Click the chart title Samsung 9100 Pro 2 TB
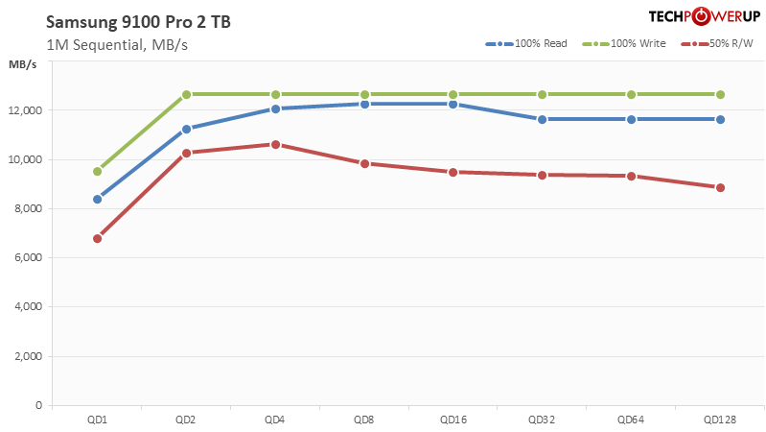click(125, 22)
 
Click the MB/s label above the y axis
click(23, 64)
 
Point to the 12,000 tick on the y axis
click(25, 110)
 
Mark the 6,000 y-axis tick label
click(28, 257)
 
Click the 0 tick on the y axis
click(38, 405)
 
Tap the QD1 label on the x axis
click(97, 420)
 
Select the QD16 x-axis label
click(453, 420)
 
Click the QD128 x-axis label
click(720, 420)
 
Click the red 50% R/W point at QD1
click(97, 238)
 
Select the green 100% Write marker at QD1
click(97, 171)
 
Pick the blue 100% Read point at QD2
click(186, 129)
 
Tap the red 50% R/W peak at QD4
click(275, 144)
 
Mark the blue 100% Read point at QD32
click(543, 119)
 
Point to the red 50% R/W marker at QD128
click(720, 187)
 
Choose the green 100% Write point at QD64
click(631, 94)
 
